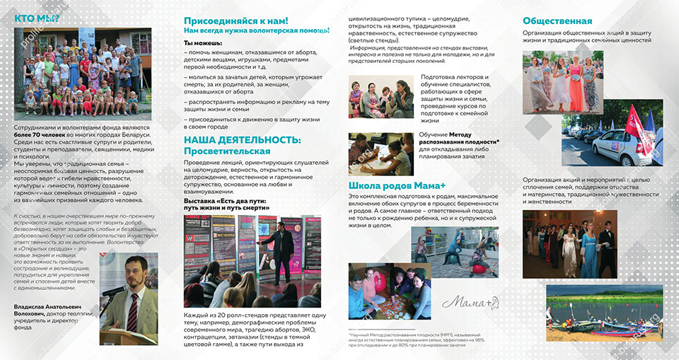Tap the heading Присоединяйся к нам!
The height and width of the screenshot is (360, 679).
[x=236, y=21]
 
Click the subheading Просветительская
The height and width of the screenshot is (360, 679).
[x=226, y=151]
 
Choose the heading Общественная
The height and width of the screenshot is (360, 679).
[x=557, y=21]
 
